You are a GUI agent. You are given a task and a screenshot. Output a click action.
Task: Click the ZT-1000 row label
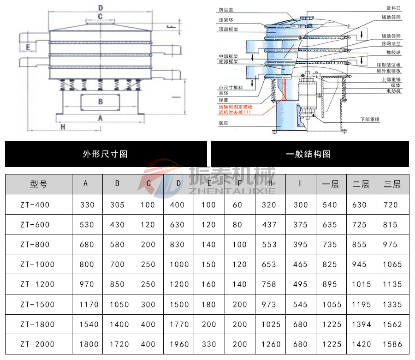pyautogui.click(x=37, y=264)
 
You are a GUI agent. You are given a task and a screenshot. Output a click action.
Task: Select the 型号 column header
pyautogui.click(x=38, y=184)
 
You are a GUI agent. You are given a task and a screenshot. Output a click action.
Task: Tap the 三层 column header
pyautogui.click(x=392, y=184)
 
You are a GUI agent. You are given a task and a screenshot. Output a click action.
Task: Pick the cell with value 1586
pyautogui.click(x=392, y=344)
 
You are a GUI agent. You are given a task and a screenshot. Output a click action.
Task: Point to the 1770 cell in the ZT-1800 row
pyautogui.click(x=179, y=324)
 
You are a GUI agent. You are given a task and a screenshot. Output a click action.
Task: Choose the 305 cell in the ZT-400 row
pyautogui.click(x=117, y=205)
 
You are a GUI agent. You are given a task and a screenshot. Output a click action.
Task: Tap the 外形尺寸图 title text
pyautogui.click(x=105, y=154)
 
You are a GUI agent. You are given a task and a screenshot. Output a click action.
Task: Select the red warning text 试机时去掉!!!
pyautogui.click(x=235, y=112)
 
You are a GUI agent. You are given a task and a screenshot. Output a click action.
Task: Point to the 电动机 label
pyautogui.click(x=394, y=92)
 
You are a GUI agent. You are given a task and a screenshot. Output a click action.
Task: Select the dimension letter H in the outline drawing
pyautogui.click(x=63, y=126)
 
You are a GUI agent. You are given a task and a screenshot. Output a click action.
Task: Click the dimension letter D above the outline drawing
pyautogui.click(x=100, y=7)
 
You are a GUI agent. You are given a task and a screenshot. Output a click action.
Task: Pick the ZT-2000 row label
pyautogui.click(x=37, y=344)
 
